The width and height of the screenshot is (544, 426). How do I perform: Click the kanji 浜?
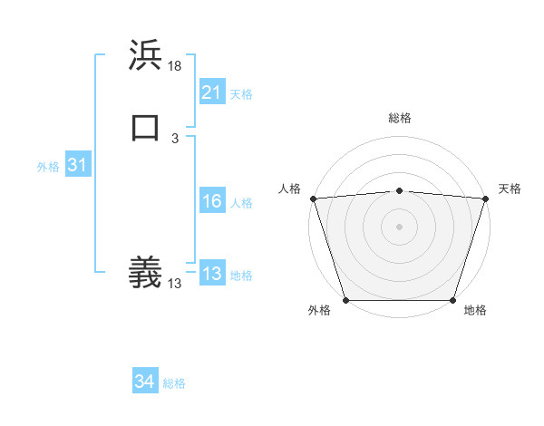145,56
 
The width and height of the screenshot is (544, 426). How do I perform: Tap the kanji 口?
145,128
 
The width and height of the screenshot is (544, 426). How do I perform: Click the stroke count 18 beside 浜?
176,66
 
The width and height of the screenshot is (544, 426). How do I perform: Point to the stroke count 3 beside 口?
175,139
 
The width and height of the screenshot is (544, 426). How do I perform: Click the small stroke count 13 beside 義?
175,284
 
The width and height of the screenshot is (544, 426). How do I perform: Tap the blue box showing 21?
211,92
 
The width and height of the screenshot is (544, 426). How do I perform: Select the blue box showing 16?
211,202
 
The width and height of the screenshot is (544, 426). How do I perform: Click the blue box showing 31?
77,166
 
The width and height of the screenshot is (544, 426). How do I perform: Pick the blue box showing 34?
144,382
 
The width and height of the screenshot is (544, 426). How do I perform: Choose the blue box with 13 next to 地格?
211,275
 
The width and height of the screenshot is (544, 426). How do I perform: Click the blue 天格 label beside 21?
241,94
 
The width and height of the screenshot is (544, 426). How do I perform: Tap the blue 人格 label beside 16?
241,203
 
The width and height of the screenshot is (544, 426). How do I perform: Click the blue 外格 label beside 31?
48,167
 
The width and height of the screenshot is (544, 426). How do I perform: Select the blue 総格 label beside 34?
174,383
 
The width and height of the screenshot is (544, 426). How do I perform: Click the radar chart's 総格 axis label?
399,118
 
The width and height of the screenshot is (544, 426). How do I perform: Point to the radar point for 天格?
485,198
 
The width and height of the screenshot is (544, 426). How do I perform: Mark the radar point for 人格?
313,198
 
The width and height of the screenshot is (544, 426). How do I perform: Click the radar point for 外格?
346,300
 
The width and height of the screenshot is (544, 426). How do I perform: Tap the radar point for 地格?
452,300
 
